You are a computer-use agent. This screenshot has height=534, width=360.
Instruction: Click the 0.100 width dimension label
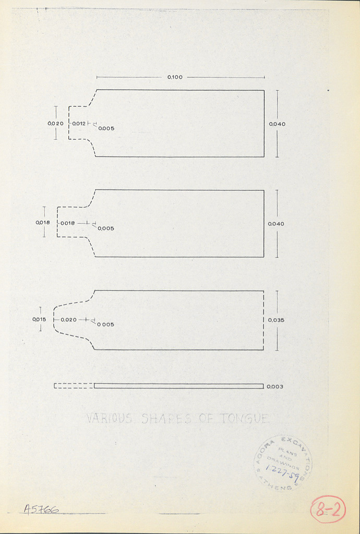[175, 77]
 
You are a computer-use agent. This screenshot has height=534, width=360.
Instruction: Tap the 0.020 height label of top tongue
[55, 124]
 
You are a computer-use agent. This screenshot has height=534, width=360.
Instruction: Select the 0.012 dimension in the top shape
[79, 124]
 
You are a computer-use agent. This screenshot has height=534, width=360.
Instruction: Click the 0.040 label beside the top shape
[277, 124]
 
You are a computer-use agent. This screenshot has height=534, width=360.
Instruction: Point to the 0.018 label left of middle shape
[43, 223]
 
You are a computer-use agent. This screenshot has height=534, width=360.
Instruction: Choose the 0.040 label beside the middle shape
[276, 224]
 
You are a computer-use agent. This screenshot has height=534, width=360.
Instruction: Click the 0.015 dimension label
[40, 320]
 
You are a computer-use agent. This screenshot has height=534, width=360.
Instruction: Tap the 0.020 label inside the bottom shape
[68, 320]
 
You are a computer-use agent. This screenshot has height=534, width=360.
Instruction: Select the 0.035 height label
[276, 320]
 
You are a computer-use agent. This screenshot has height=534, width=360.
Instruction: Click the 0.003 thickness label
[274, 386]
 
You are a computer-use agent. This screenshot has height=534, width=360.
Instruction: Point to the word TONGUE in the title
[244, 418]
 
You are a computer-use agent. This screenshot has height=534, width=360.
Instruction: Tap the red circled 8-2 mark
[328, 509]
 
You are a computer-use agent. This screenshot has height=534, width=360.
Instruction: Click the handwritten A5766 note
[41, 509]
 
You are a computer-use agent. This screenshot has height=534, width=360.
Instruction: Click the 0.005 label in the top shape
[106, 128]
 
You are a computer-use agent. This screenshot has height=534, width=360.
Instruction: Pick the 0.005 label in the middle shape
[106, 228]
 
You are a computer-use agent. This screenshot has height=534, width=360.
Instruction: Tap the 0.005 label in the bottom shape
[105, 324]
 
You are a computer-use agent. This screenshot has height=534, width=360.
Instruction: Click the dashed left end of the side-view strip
[74, 386]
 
